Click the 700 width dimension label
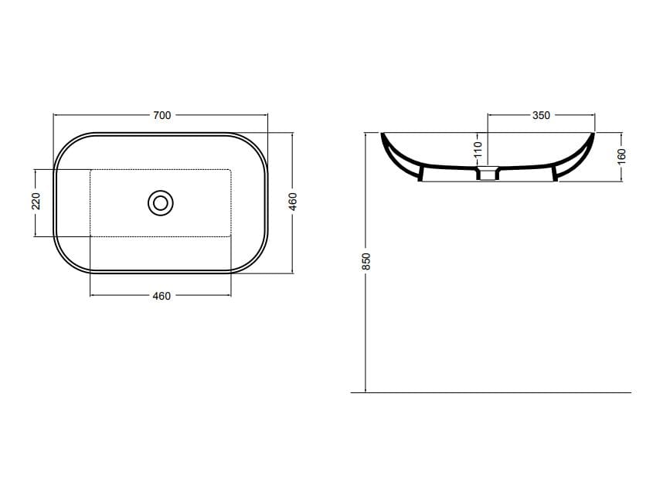pos(161,115)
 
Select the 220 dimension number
pos(36,202)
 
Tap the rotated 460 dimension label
pos(292,202)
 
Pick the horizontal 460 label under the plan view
pos(161,296)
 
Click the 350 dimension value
pos(541,115)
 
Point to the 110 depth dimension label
pos(478,149)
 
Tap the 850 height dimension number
pos(367,261)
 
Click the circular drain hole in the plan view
pos(161,203)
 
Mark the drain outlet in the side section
pos(488,175)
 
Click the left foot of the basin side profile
pos(421,176)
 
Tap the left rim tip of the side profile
pos(383,136)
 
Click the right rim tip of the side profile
pos(593,136)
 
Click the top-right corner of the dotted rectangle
pos(230,169)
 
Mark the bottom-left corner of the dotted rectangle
pos(91,236)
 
